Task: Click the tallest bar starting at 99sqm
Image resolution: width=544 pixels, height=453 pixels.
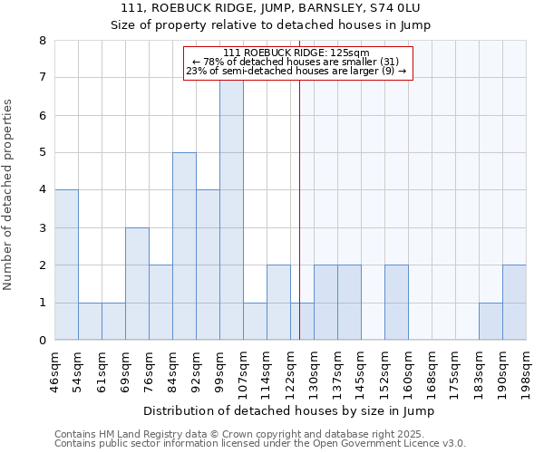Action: [x=231, y=208]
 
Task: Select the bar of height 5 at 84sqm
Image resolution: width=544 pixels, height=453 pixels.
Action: [x=184, y=246]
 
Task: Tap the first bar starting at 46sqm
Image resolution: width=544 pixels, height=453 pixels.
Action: [x=66, y=265]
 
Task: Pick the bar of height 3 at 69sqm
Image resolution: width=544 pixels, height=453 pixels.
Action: [x=137, y=284]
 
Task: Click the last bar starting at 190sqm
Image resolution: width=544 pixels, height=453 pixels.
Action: [x=514, y=303]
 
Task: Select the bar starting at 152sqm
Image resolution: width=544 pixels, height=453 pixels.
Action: [x=396, y=303]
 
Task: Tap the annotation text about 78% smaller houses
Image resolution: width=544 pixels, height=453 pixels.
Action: [x=296, y=62]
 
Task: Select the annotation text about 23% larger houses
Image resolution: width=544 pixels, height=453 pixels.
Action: [x=296, y=71]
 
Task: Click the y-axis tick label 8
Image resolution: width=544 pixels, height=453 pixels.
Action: [x=43, y=41]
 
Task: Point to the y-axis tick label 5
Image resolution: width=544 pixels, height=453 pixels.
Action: [x=43, y=153]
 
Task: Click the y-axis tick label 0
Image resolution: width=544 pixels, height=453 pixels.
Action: [x=43, y=341]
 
